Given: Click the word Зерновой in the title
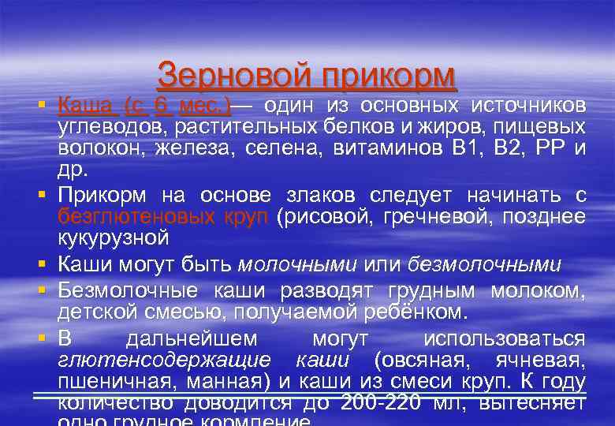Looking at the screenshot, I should [x=229, y=77].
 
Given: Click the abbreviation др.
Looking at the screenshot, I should [x=73, y=169].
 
